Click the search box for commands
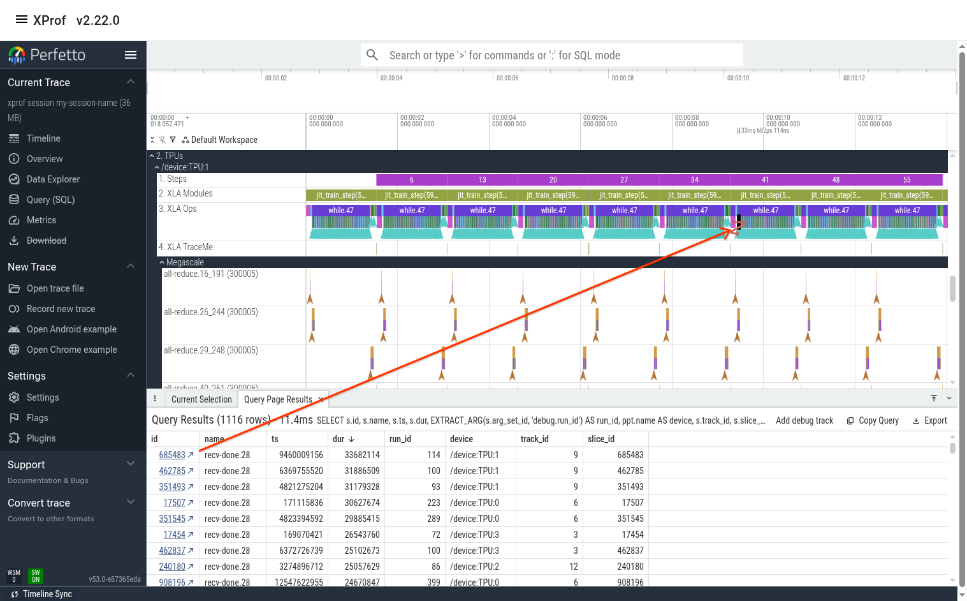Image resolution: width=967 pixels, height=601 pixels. click(x=551, y=56)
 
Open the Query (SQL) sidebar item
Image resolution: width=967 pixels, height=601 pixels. click(x=50, y=200)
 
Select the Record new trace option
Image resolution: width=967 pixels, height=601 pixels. click(x=61, y=309)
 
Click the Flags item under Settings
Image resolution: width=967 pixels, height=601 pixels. click(x=37, y=418)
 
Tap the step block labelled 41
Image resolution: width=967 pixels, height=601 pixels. click(x=765, y=180)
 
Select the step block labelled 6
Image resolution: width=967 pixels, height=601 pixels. click(x=412, y=180)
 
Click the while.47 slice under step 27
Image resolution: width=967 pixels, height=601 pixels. click(x=624, y=210)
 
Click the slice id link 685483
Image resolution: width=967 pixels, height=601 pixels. click(x=172, y=455)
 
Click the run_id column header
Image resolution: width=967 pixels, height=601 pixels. click(x=400, y=439)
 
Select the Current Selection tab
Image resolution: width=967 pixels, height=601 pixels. click(x=201, y=399)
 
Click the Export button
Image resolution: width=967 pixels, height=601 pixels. click(x=930, y=420)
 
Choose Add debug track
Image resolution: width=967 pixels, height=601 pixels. click(x=804, y=420)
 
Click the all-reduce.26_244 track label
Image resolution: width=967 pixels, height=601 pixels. click(x=211, y=312)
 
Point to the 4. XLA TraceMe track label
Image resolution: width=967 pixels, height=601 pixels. click(x=185, y=247)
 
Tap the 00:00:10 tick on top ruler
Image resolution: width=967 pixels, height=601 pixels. click(x=738, y=78)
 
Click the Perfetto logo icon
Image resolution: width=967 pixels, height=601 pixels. click(x=17, y=55)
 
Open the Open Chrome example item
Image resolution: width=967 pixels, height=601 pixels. click(x=71, y=350)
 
